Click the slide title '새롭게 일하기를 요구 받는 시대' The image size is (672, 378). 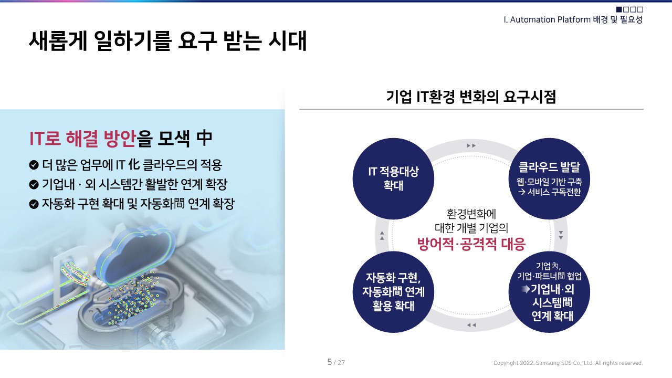(167, 41)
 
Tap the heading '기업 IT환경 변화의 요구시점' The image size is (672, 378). (471, 97)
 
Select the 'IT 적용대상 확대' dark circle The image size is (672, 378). (393, 178)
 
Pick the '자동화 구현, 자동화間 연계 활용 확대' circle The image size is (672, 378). (393, 291)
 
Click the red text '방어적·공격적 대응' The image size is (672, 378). (471, 245)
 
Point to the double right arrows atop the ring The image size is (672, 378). (471, 145)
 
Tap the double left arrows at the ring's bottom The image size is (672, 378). (471, 325)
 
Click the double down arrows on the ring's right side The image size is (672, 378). (561, 235)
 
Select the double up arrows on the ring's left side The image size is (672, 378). (382, 235)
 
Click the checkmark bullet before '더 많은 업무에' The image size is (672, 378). (34, 165)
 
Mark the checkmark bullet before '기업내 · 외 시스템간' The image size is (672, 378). (34, 185)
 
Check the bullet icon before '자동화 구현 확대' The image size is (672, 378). (34, 204)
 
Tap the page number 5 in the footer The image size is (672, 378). (330, 362)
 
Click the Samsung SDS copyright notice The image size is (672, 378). (568, 363)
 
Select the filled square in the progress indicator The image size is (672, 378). (619, 9)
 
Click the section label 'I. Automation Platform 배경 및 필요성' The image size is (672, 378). (573, 20)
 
